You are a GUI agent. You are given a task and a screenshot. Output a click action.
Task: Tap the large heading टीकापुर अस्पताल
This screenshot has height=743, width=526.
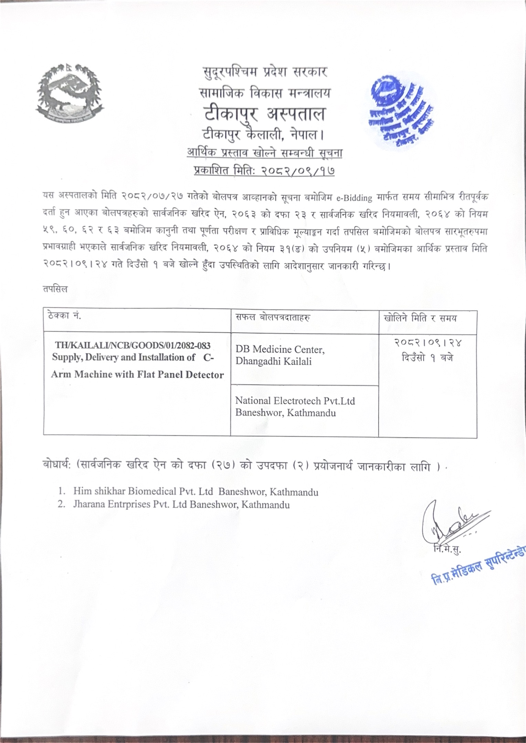(x=264, y=113)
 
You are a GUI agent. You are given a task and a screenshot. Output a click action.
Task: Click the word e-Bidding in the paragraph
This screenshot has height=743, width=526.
(x=355, y=198)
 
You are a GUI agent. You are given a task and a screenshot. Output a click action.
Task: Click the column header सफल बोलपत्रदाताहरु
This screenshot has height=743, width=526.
(x=273, y=317)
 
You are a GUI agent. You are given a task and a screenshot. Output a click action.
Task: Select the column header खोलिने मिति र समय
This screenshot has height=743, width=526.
(x=420, y=318)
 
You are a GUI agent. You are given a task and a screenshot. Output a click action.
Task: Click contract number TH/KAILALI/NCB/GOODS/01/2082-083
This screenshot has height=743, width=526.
(x=133, y=345)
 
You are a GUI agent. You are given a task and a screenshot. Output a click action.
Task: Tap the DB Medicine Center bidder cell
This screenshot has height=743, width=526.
(x=280, y=355)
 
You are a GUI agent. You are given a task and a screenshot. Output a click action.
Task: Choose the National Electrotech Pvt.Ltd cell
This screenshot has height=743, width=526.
(x=295, y=406)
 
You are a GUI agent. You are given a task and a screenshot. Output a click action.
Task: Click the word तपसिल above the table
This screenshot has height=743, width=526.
(x=55, y=289)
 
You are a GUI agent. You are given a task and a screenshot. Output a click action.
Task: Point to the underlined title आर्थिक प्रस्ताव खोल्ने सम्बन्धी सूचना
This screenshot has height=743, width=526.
(x=264, y=152)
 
